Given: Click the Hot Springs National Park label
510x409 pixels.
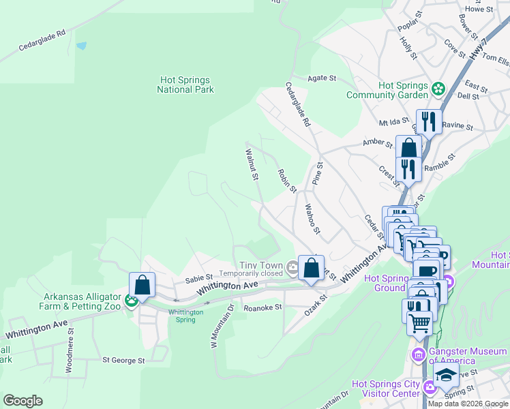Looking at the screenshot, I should (x=185, y=85).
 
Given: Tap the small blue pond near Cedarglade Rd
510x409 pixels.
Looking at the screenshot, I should (x=82, y=46).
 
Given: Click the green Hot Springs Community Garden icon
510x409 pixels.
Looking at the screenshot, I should (x=438, y=87).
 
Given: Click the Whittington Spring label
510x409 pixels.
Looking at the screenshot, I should (x=185, y=316).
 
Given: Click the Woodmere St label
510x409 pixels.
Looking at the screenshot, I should (x=70, y=354).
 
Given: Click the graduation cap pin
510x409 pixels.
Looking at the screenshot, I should (x=447, y=376).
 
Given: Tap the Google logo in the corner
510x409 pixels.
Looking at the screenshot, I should (x=22, y=401).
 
